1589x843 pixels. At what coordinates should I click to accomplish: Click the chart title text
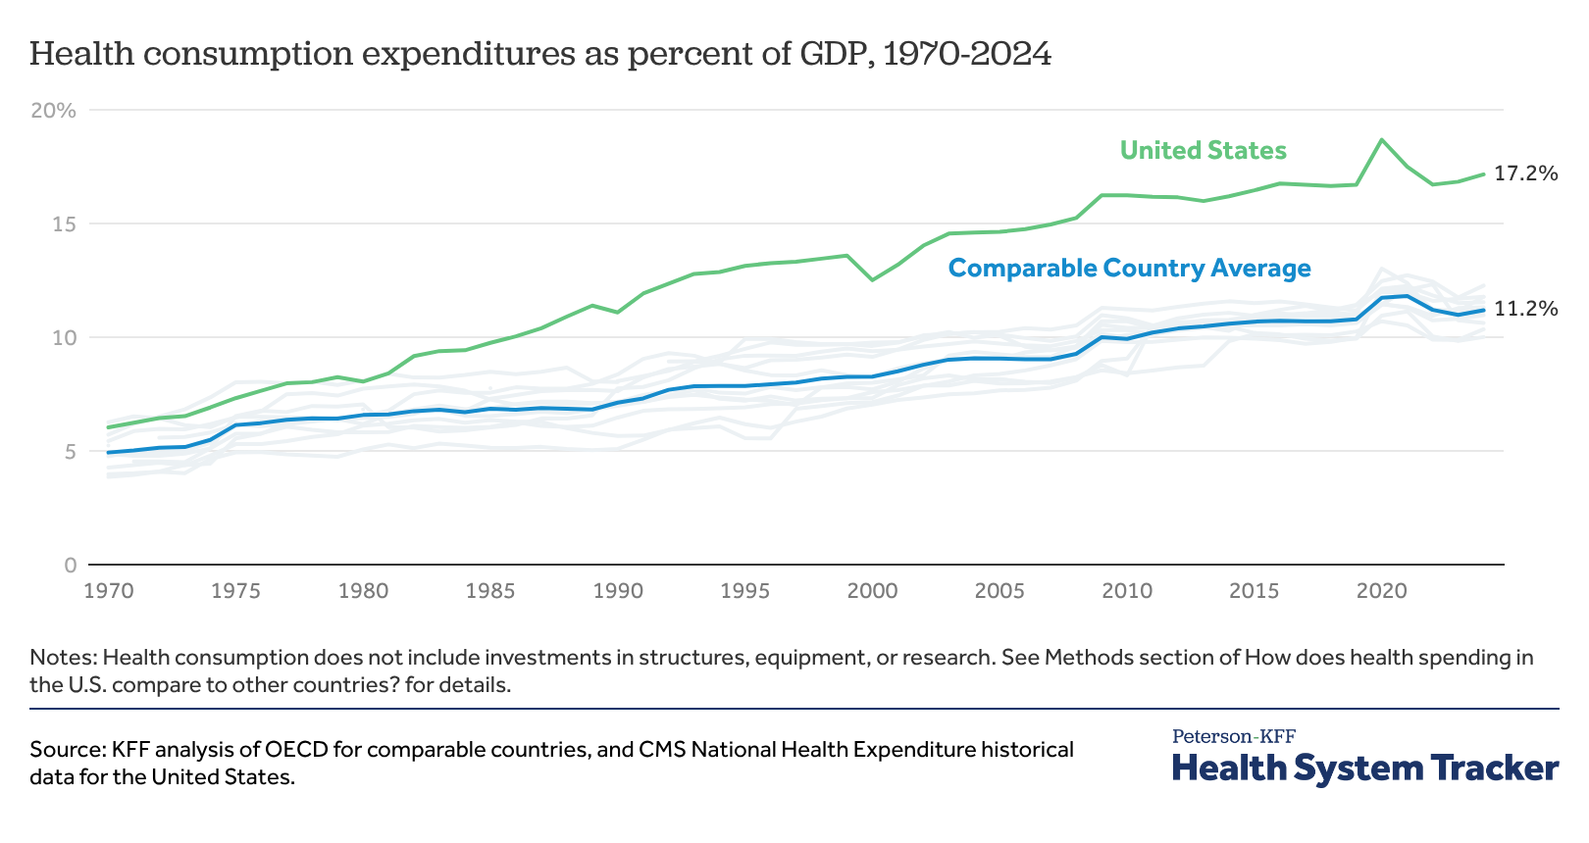pyautogui.click(x=539, y=54)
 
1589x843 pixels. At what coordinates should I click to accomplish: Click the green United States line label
pyautogui.click(x=1203, y=151)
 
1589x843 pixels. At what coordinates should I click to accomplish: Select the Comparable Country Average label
pyautogui.click(x=1129, y=269)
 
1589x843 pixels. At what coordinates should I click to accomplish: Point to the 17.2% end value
pyautogui.click(x=1525, y=174)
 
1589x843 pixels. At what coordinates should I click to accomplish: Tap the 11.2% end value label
pyautogui.click(x=1525, y=309)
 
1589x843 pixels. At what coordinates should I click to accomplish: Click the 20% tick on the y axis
pyautogui.click(x=54, y=111)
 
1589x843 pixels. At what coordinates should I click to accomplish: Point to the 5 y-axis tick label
pyautogui.click(x=69, y=452)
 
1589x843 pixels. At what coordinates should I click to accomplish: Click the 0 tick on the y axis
pyautogui.click(x=70, y=566)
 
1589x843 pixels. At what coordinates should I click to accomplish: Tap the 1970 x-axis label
pyautogui.click(x=108, y=591)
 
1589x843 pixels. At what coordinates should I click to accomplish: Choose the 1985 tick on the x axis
pyautogui.click(x=490, y=591)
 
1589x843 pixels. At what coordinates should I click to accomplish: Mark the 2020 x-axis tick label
pyautogui.click(x=1381, y=591)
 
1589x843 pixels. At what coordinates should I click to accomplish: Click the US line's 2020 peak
pyautogui.click(x=1382, y=140)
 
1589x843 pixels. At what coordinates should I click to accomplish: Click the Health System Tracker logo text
pyautogui.click(x=1364, y=768)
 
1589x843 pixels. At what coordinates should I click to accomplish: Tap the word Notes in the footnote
pyautogui.click(x=61, y=658)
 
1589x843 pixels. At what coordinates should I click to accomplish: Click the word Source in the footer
pyautogui.click(x=65, y=751)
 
